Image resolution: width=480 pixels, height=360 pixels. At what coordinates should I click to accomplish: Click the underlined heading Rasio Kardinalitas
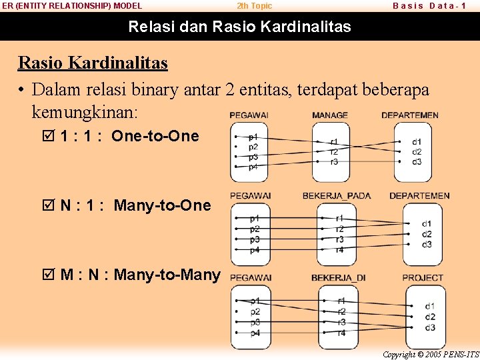pyautogui.click(x=93, y=63)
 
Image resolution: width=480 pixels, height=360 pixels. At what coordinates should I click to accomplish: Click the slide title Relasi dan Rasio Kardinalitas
pyautogui.click(x=239, y=27)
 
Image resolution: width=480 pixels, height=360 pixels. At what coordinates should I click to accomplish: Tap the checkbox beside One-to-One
pyautogui.click(x=47, y=136)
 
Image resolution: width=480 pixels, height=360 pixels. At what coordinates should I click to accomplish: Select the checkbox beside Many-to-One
pyautogui.click(x=47, y=205)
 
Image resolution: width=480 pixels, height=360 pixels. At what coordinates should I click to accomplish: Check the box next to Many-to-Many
pyautogui.click(x=47, y=274)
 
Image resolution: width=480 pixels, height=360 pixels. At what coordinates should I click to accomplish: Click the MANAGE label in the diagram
pyautogui.click(x=329, y=115)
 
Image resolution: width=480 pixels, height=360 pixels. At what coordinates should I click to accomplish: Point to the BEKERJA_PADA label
pyautogui.click(x=337, y=196)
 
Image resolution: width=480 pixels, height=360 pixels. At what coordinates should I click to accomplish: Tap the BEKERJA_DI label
pyautogui.click(x=338, y=278)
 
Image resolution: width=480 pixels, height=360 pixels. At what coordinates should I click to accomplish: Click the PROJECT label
pyautogui.click(x=422, y=278)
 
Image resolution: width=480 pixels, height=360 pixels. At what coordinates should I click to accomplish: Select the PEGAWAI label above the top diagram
pyautogui.click(x=249, y=115)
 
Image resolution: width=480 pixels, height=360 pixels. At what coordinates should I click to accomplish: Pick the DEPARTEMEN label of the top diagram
pyautogui.click(x=409, y=115)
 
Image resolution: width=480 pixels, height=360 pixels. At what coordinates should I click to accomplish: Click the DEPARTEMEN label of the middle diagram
pyautogui.click(x=419, y=196)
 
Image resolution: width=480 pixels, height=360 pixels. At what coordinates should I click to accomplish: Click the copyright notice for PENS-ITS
pyautogui.click(x=431, y=355)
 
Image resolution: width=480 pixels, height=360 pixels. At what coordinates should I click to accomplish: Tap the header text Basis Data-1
pyautogui.click(x=429, y=6)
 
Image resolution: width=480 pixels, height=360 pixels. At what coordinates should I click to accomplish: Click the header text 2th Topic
pyautogui.click(x=255, y=6)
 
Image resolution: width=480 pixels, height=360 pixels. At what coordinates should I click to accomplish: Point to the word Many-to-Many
pyautogui.click(x=167, y=274)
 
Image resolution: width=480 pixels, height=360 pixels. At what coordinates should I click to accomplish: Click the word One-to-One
pyautogui.click(x=155, y=136)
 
